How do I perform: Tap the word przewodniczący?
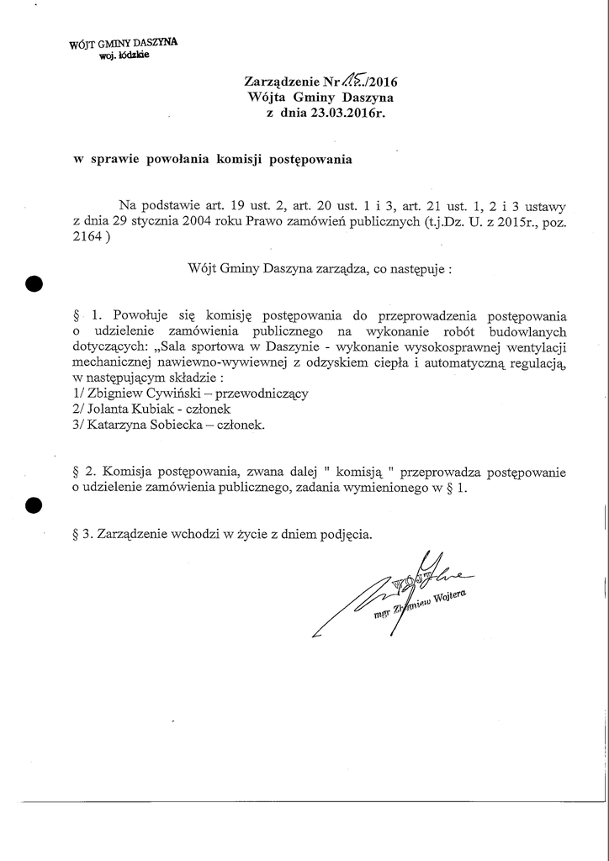point(263,394)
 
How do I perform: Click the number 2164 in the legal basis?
point(89,237)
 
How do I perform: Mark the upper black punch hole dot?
point(34,283)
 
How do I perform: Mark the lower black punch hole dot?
point(34,505)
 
